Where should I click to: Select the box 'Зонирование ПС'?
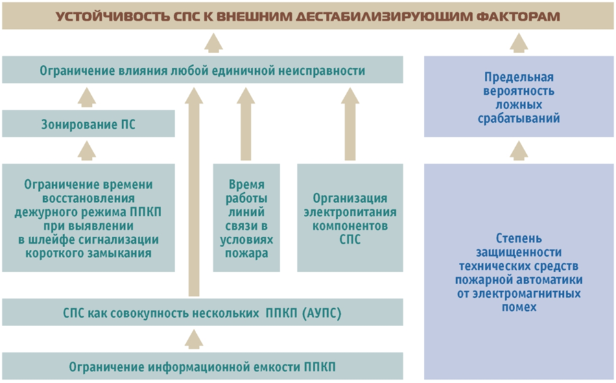[x=87, y=124]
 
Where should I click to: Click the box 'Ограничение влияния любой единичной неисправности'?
[x=202, y=71]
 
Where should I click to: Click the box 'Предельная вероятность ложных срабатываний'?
[x=519, y=97]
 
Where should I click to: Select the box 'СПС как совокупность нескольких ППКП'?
[x=202, y=313]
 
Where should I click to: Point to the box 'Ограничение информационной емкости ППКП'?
[x=202, y=365]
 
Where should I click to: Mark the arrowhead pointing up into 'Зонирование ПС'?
[x=87, y=148]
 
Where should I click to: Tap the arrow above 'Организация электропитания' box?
[x=350, y=127]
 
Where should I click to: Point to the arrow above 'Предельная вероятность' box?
[x=519, y=45]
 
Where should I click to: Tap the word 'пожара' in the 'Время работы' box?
[x=247, y=253]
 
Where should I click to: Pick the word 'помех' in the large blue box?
[x=519, y=307]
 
